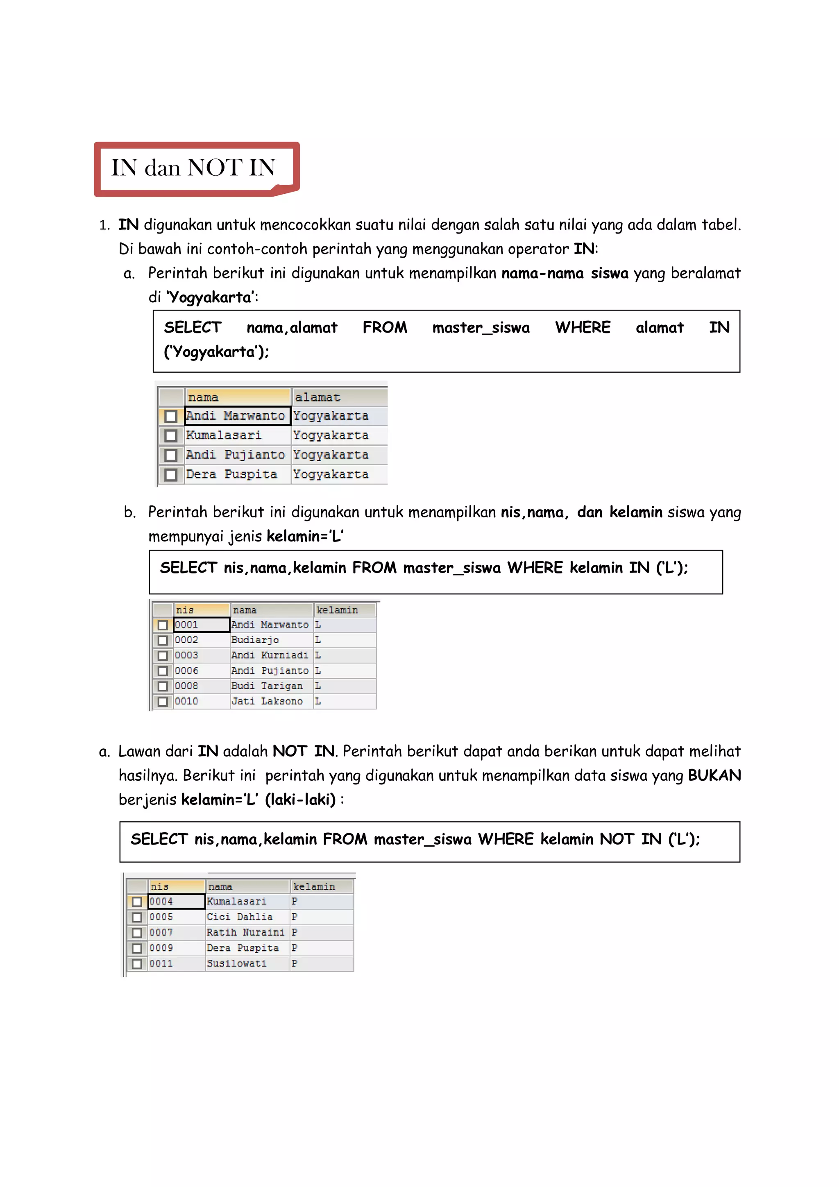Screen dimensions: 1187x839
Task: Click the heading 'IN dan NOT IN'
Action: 193,168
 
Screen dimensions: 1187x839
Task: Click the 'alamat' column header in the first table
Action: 317,397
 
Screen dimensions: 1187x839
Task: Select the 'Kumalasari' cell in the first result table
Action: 224,435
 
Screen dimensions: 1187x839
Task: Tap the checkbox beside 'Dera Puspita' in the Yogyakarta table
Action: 170,475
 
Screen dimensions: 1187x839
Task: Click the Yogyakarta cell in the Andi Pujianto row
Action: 331,455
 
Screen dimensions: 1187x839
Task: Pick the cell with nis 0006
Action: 187,671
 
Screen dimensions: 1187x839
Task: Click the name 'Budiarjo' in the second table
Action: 255,640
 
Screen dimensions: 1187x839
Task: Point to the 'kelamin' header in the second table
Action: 337,610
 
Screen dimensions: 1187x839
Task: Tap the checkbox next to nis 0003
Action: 163,655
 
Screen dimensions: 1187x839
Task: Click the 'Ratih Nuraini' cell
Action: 245,932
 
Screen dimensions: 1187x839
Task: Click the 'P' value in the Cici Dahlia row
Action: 295,917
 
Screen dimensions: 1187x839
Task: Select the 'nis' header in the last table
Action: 160,887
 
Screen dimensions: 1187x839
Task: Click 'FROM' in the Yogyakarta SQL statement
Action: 385,327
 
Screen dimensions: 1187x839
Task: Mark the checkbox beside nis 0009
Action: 137,948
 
